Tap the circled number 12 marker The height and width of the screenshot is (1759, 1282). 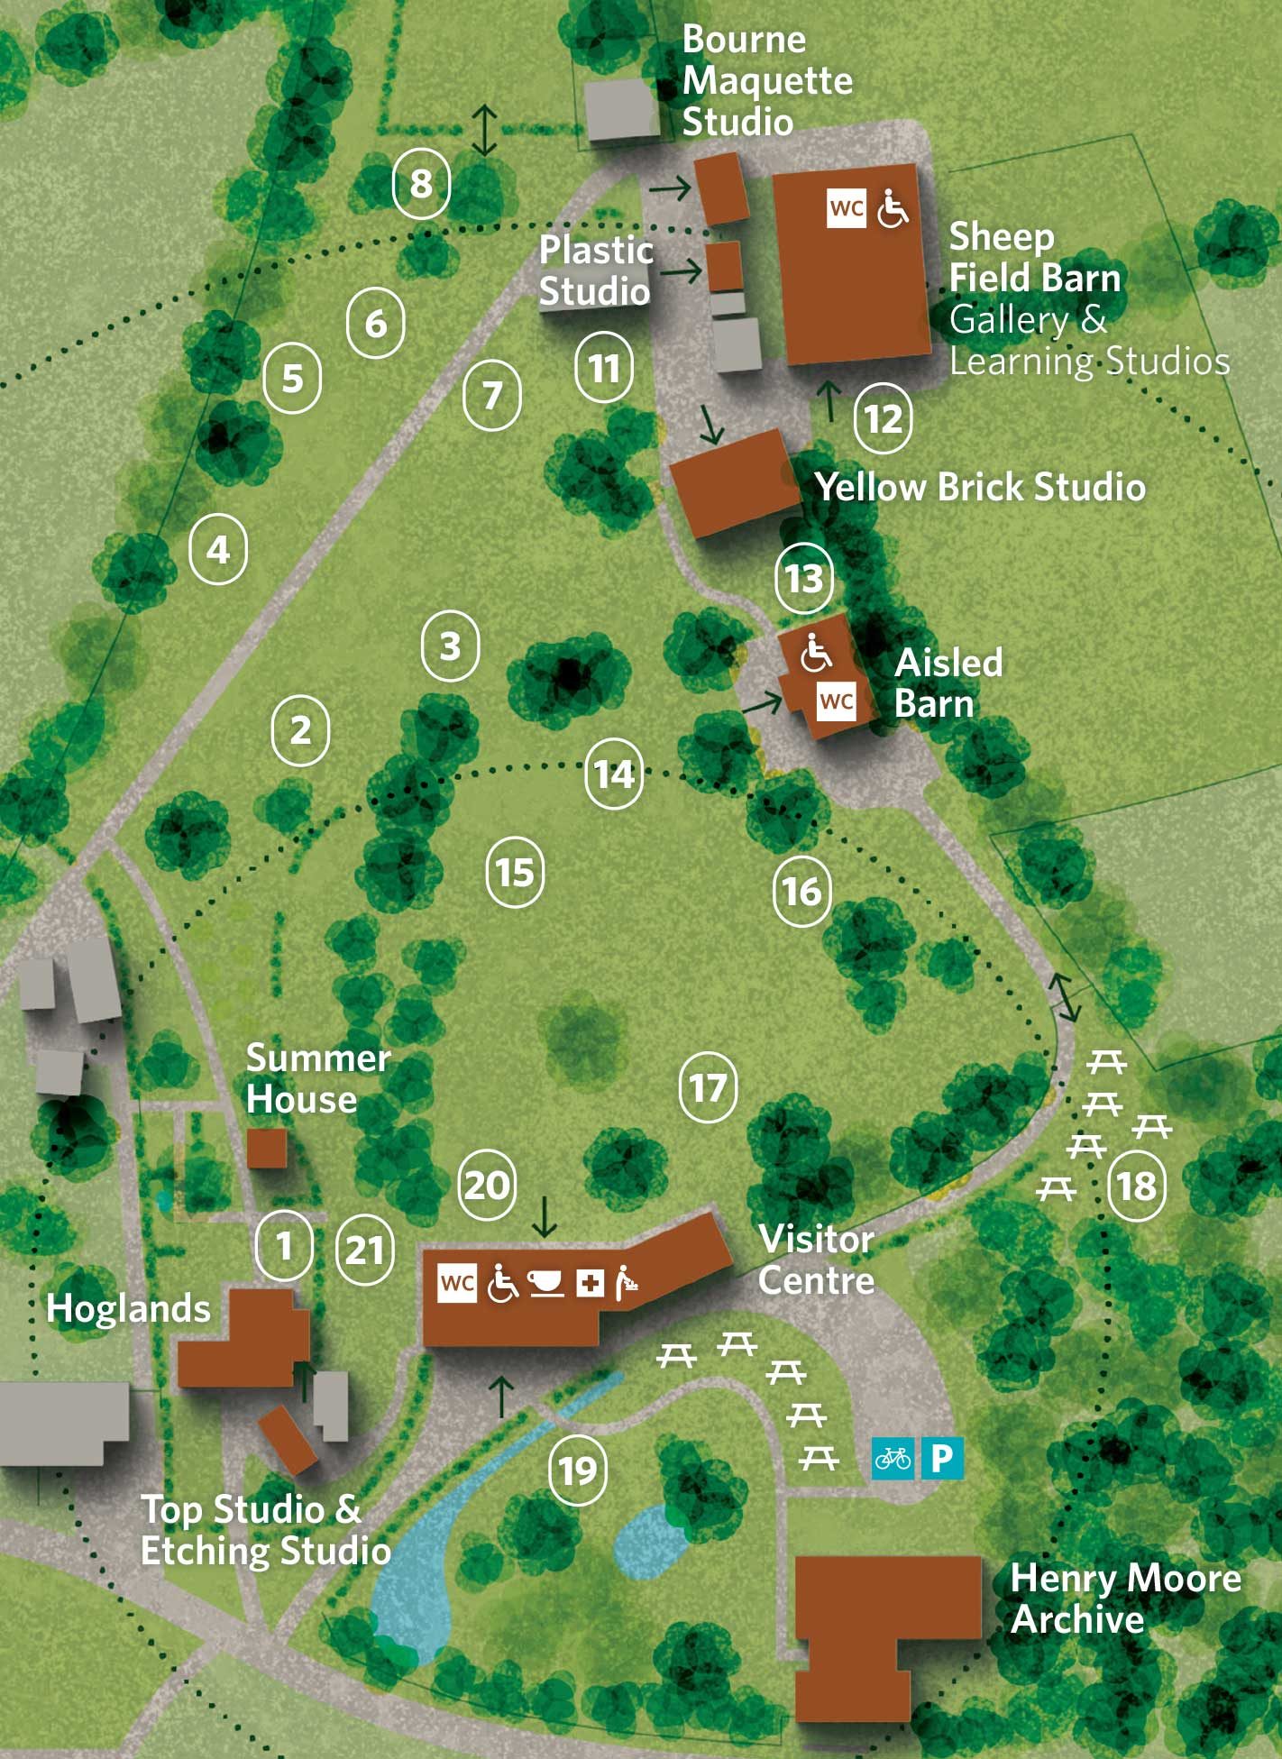(x=883, y=418)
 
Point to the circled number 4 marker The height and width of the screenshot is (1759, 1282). (x=218, y=549)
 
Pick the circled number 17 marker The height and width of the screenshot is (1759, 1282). (x=708, y=1087)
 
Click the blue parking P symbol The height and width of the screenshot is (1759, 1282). (x=942, y=1458)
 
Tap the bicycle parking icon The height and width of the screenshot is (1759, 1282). (x=893, y=1458)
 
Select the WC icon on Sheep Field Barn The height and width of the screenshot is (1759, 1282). (x=847, y=209)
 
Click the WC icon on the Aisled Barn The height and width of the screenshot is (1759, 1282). (x=837, y=701)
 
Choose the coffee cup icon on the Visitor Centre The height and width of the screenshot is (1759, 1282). (x=545, y=1283)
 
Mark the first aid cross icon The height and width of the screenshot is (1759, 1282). (x=591, y=1283)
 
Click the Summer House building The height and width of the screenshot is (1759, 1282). (x=267, y=1149)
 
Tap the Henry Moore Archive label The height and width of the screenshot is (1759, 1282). (x=1125, y=1599)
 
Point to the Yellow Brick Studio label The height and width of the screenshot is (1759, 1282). (x=980, y=487)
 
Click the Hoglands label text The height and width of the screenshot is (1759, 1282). (x=128, y=1308)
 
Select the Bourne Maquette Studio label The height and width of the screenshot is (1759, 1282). (x=766, y=81)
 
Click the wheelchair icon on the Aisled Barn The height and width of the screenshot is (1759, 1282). (x=817, y=654)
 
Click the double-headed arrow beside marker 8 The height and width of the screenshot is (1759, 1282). (x=485, y=130)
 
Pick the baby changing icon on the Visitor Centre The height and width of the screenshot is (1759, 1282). (x=627, y=1283)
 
